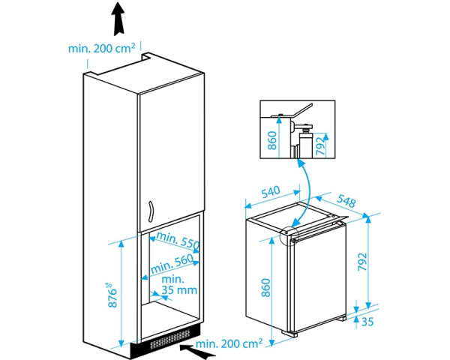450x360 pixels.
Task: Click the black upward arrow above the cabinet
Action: tap(119, 19)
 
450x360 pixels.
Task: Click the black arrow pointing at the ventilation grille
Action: tap(198, 351)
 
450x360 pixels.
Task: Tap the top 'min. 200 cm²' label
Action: tap(101, 49)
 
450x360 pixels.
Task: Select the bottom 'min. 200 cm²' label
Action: tap(229, 343)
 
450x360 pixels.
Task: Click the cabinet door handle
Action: tap(151, 211)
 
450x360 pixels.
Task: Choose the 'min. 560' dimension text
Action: tap(172, 264)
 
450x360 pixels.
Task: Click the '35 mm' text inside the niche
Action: tap(179, 290)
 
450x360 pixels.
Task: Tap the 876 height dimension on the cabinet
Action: tap(112, 295)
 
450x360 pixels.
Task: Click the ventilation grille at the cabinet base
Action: tap(170, 339)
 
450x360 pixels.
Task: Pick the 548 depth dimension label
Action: tap(346, 201)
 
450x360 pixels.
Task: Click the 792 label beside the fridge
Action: tap(362, 262)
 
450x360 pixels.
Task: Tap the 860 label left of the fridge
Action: tap(265, 288)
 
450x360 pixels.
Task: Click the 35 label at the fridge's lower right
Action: tap(367, 322)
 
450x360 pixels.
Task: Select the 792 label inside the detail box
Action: tap(320, 145)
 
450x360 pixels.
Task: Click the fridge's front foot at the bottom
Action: tap(289, 334)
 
